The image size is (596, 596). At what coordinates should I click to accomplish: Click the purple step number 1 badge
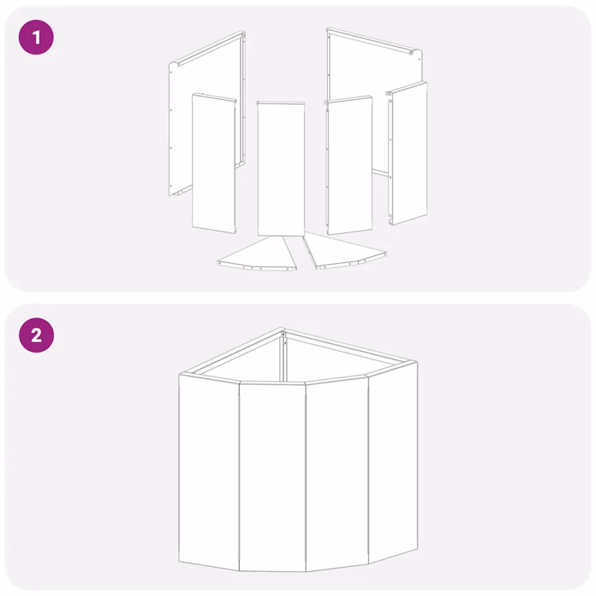coord(36,37)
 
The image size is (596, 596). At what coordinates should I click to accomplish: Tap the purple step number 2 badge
coord(36,335)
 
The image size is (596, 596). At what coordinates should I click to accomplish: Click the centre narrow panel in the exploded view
coord(281,169)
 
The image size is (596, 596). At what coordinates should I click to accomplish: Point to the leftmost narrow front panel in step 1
coord(214,163)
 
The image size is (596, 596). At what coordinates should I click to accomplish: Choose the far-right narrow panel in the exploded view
coord(407,153)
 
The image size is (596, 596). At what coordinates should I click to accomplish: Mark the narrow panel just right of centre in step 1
coord(348,165)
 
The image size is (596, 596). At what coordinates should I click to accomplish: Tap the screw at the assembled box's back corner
coord(284,334)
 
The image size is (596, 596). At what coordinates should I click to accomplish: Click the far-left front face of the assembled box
coord(209,471)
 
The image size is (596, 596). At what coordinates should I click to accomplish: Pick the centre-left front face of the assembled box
coord(273,477)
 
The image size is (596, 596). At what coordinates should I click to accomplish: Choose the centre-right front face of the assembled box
coord(337,473)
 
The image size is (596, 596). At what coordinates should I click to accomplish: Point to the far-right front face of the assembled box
coord(393,462)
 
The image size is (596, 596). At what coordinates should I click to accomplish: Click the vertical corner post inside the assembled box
coord(282,358)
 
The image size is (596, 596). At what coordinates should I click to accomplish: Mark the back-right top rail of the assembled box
coord(350,346)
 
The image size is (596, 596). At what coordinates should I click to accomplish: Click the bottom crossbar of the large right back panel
coord(380,172)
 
